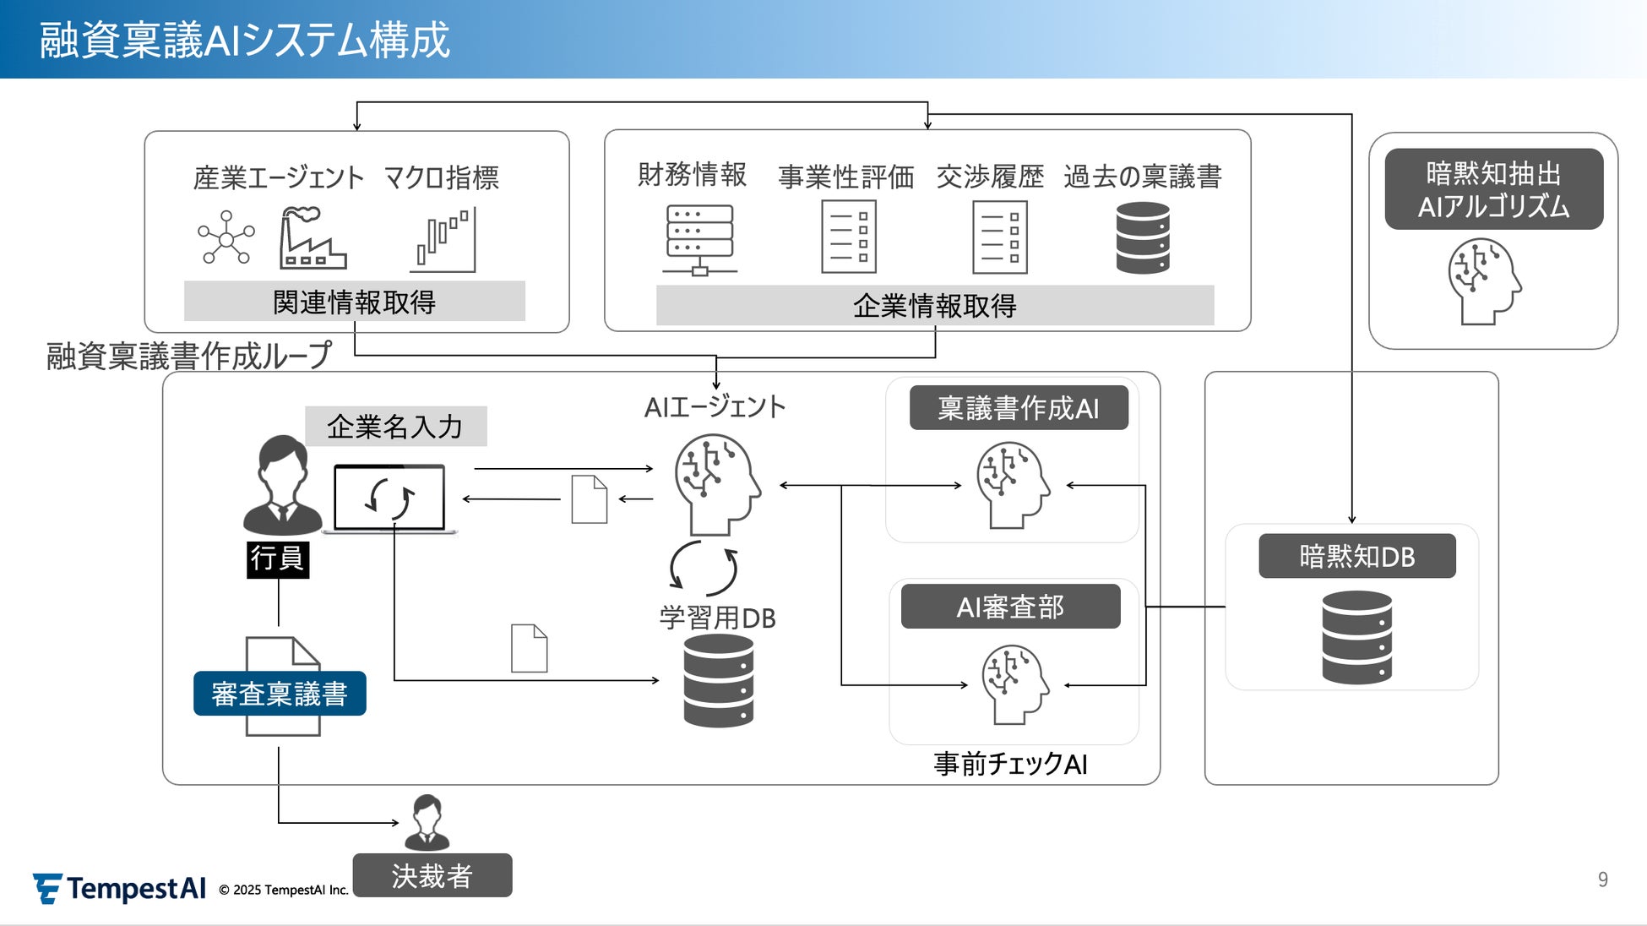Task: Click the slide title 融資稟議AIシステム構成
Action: coord(245,40)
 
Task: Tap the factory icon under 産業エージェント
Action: coord(313,239)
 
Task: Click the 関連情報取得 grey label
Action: coord(355,302)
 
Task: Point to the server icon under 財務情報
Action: coord(699,240)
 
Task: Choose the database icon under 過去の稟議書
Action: coord(1142,238)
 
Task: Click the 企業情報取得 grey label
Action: coord(935,306)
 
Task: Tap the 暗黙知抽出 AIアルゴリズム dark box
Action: coord(1493,189)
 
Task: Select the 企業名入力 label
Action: coord(395,427)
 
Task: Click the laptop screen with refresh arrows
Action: coord(389,498)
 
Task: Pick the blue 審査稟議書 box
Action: coord(280,694)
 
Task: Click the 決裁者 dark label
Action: coord(432,875)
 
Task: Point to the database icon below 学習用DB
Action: coord(718,681)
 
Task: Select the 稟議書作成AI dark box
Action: coord(1019,408)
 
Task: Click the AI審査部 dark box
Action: coord(1010,607)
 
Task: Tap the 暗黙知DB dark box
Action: coord(1356,557)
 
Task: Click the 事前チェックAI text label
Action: coord(1010,764)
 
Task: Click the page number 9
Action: coord(1602,880)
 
